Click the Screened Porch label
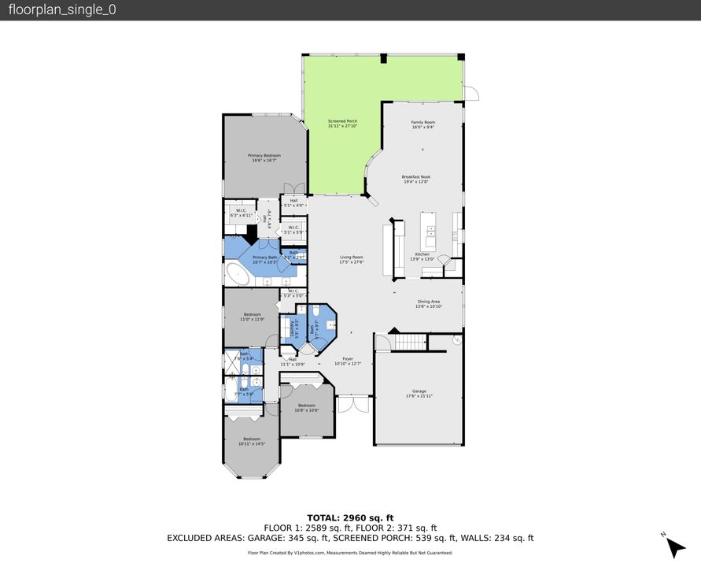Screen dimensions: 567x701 coord(342,121)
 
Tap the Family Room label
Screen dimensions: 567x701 coord(422,122)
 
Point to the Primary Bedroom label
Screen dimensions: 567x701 coord(264,156)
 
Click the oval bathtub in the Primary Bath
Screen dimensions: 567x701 coord(236,275)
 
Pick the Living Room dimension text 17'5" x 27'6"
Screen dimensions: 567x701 coord(351,262)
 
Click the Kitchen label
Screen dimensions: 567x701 coord(422,254)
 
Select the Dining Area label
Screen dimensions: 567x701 coord(428,302)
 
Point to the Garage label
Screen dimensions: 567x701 coord(419,391)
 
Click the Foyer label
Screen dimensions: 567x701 coord(347,358)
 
